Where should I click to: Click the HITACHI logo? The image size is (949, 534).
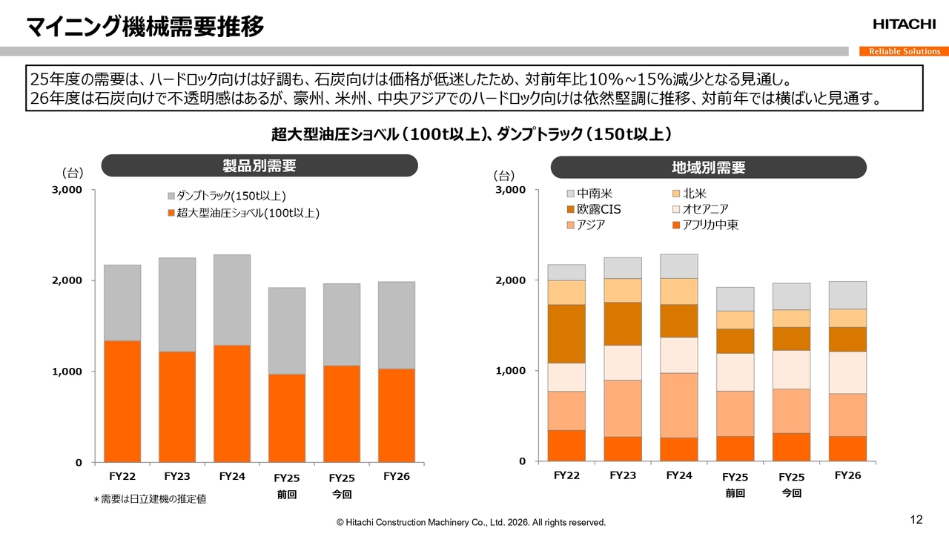(904, 24)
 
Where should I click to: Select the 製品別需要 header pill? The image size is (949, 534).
(259, 165)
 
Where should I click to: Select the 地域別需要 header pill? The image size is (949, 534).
(708, 167)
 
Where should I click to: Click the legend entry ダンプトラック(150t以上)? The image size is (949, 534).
(227, 196)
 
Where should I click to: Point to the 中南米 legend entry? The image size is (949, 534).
(589, 194)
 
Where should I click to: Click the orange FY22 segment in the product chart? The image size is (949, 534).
(122, 400)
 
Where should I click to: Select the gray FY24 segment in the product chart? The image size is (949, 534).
(232, 300)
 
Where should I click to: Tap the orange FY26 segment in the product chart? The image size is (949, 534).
(397, 415)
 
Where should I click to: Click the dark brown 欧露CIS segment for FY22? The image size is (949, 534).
(566, 334)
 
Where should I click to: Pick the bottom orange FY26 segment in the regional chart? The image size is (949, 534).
(847, 449)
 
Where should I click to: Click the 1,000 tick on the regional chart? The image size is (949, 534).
(511, 371)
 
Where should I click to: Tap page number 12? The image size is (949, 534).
(916, 518)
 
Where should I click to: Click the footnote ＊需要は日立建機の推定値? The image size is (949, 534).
(150, 499)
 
